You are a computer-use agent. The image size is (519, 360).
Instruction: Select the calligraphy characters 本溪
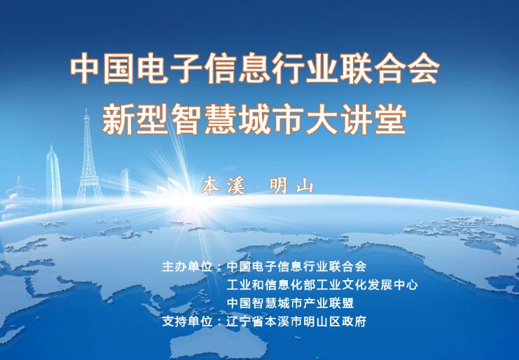pyautogui.click(x=223, y=186)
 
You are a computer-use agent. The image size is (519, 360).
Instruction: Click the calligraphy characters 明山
pyautogui.click(x=291, y=186)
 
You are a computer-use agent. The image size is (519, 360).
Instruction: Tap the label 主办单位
pyautogui.click(x=187, y=266)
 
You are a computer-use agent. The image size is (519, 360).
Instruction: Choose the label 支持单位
pyautogui.click(x=187, y=321)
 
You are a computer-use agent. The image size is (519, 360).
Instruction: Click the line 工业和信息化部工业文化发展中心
pyautogui.click(x=322, y=284)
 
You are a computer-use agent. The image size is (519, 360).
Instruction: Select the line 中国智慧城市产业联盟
pyautogui.click(x=290, y=303)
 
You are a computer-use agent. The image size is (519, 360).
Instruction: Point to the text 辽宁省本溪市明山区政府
pyautogui.click(x=296, y=321)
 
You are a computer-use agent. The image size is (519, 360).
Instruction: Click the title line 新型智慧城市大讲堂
pyautogui.click(x=254, y=119)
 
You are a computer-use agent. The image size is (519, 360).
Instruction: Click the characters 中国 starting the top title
pyautogui.click(x=102, y=68)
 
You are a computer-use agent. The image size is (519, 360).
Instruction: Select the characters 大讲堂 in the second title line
pyautogui.click(x=357, y=119)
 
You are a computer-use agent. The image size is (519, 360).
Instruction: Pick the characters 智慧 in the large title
pyautogui.click(x=204, y=119)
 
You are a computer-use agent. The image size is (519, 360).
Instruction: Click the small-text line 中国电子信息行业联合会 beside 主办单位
pyautogui.click(x=296, y=266)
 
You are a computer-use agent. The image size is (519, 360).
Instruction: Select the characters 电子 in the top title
pyautogui.click(x=169, y=68)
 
